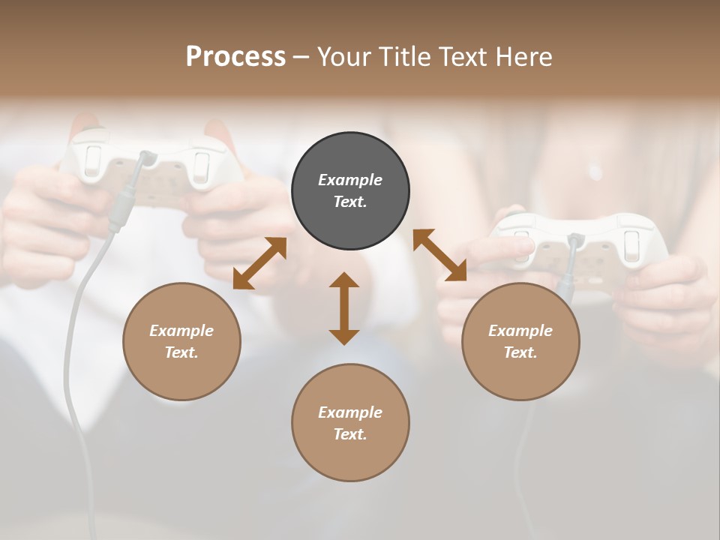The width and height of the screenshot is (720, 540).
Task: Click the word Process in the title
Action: coord(235,57)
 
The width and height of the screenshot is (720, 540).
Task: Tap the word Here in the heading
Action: coord(520,57)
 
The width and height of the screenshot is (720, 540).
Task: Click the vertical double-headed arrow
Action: coord(344,308)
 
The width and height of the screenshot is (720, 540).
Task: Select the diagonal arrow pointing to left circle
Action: coord(259,263)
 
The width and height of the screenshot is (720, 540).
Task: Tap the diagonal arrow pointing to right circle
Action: coord(440,255)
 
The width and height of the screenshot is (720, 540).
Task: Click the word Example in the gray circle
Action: coord(350,180)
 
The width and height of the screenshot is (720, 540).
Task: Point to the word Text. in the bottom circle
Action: coord(350,434)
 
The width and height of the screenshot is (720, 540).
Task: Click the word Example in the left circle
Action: coord(181,331)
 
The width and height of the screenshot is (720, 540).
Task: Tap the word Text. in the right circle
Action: coord(520,352)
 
